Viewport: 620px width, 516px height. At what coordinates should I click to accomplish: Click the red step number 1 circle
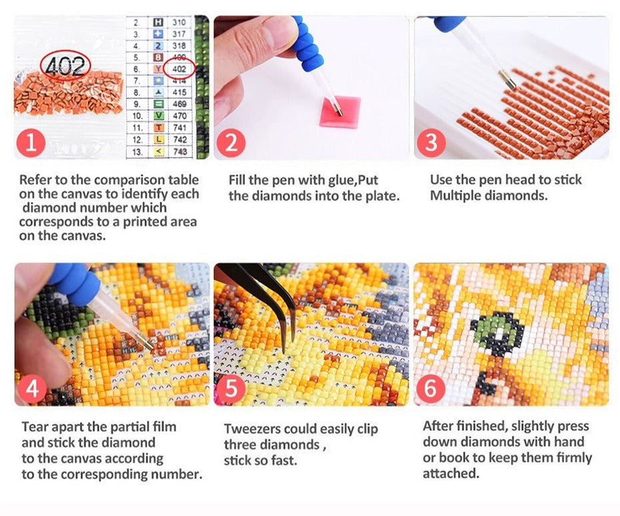coord(31,143)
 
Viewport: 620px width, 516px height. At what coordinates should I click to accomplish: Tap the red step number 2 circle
coord(231,143)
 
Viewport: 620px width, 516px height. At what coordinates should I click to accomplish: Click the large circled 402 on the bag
coord(65,65)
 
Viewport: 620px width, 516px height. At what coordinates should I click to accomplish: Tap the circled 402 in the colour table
coord(179,69)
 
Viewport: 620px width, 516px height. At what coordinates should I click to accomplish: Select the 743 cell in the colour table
coord(180,151)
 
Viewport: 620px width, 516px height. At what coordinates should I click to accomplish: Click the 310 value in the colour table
coord(179,23)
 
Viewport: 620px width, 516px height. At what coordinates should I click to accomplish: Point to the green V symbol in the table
coord(158,116)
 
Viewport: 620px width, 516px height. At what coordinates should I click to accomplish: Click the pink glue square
coord(340,111)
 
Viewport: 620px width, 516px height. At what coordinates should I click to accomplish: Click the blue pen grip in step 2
coord(305,45)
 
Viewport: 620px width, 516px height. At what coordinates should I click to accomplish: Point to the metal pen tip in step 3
coord(507,80)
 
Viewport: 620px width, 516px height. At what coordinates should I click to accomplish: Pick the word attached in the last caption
coord(451,473)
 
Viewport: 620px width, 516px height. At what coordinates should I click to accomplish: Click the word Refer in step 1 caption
coord(35,180)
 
